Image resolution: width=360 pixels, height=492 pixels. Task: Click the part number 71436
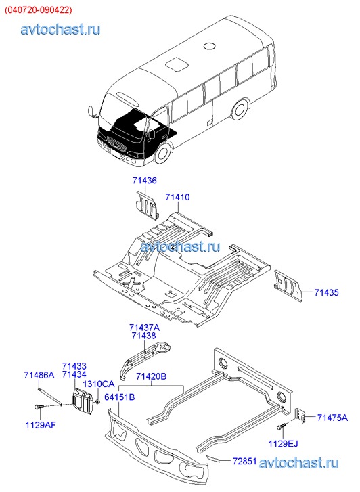tap(144, 181)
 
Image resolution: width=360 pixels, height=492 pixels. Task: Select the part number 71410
tap(178, 198)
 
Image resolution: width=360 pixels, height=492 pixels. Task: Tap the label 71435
tap(326, 293)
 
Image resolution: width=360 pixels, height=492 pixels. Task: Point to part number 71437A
tap(144, 328)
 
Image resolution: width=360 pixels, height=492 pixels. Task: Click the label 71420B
tap(152, 376)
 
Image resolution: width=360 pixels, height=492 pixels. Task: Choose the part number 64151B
tap(120, 397)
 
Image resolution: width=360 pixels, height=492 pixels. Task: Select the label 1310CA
tap(99, 384)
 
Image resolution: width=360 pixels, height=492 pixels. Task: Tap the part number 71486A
tap(39, 376)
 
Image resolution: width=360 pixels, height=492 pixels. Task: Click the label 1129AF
tap(41, 425)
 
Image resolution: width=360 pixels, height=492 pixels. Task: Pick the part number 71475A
tap(332, 418)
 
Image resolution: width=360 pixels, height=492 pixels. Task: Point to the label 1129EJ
tap(283, 444)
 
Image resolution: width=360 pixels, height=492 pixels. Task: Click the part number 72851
tap(245, 462)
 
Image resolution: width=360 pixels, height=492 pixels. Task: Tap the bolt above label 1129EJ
tap(281, 427)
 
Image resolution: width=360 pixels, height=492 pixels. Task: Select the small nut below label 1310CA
tap(98, 401)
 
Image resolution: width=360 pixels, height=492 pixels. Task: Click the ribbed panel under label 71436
tap(147, 205)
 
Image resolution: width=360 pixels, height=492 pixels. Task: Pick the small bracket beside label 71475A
tap(300, 415)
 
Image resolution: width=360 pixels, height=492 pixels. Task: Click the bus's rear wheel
tap(240, 110)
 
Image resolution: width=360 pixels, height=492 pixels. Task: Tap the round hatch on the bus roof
tap(209, 46)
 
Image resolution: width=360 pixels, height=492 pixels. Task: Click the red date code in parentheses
tap(38, 10)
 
